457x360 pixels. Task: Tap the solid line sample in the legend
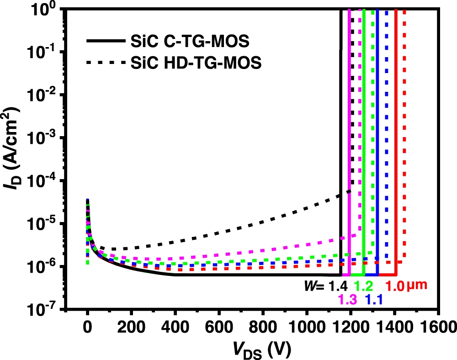(x=106, y=42)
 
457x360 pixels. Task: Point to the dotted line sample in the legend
(x=106, y=63)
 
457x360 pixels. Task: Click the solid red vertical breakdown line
(x=396, y=137)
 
